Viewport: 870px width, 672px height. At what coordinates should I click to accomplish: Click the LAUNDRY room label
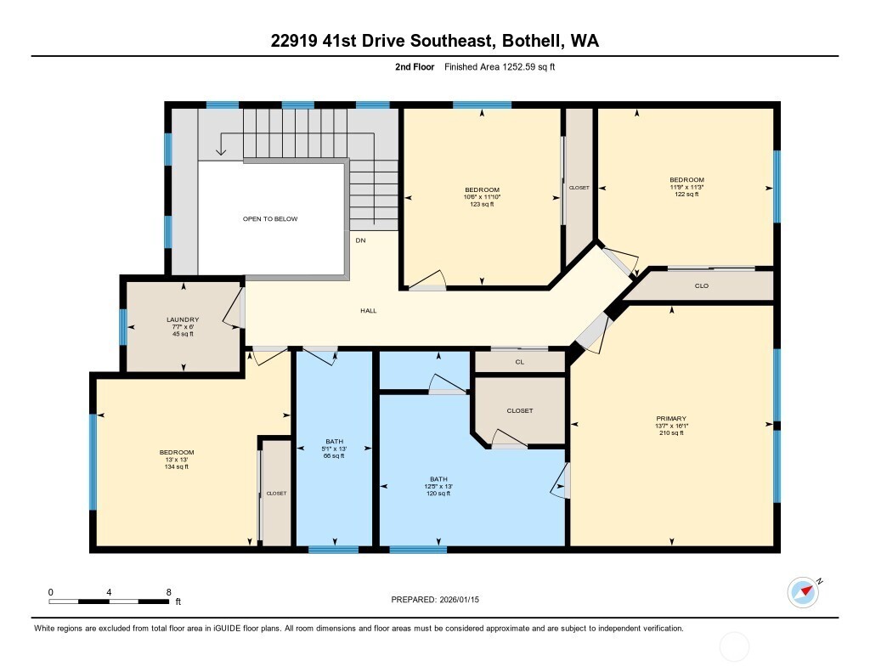click(183, 319)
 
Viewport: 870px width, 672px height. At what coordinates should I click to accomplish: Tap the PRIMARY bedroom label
click(670, 418)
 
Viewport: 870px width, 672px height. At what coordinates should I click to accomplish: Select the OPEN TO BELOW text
click(270, 219)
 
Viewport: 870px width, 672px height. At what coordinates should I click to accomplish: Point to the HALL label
click(368, 311)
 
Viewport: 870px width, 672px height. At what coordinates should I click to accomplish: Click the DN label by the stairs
click(360, 240)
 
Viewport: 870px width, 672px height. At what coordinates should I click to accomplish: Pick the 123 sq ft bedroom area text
click(482, 205)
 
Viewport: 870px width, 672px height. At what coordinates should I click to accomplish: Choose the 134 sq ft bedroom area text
click(177, 466)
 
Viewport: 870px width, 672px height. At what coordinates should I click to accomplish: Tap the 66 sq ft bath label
click(334, 456)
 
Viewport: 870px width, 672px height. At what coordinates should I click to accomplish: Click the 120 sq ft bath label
click(438, 493)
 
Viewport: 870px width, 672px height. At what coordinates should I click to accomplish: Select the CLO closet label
click(701, 286)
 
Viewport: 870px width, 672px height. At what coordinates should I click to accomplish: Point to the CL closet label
click(520, 362)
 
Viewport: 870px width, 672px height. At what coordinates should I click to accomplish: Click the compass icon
click(803, 592)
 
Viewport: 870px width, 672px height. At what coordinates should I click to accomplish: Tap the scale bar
click(109, 602)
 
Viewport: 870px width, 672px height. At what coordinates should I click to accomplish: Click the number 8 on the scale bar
click(168, 592)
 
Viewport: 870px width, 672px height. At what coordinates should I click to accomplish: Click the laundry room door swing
click(233, 309)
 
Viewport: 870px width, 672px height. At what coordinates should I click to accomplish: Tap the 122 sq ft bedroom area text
click(686, 195)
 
